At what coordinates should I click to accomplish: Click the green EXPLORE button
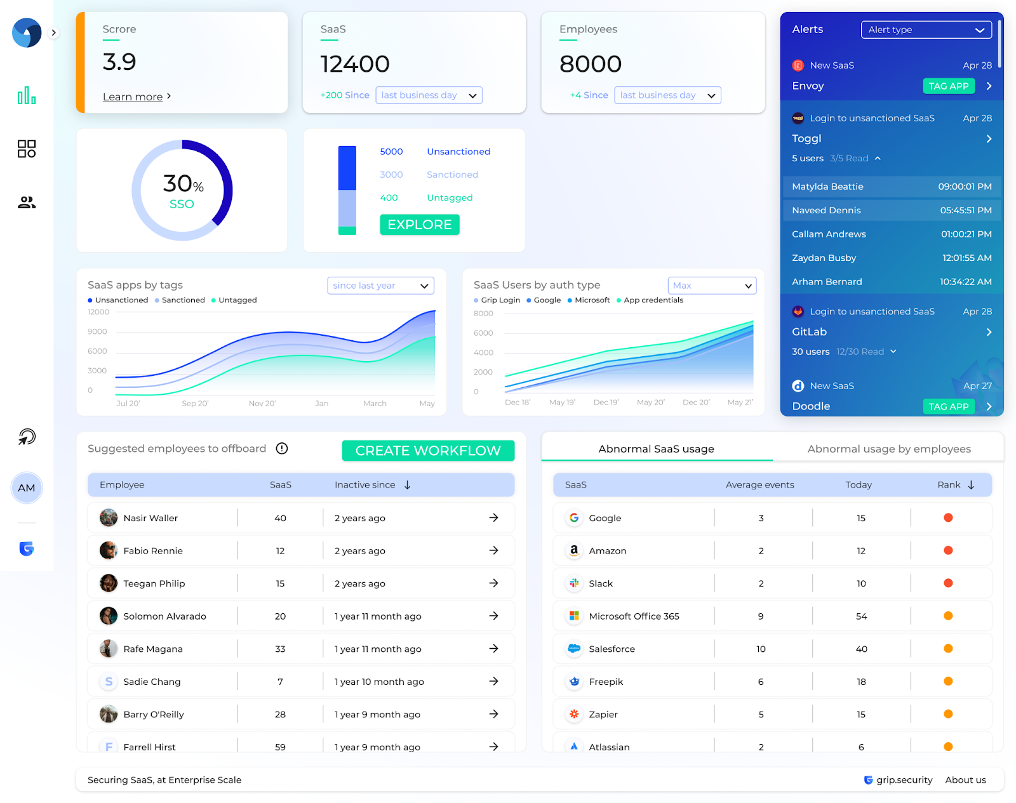pos(419,225)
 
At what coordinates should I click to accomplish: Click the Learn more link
pos(133,96)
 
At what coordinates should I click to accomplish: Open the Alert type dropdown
pos(926,30)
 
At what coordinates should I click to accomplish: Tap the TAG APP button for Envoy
pos(948,86)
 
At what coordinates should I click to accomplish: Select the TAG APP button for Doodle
pos(948,407)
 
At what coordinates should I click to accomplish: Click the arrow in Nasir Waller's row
pos(493,518)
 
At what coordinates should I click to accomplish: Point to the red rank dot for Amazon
pos(948,551)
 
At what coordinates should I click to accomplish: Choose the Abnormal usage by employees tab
pos(888,449)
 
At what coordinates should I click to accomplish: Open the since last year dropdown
pos(380,286)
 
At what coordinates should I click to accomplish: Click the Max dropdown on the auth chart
pos(712,286)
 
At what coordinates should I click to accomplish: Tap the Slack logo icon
pos(574,583)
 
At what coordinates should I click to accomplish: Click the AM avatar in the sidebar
pos(27,488)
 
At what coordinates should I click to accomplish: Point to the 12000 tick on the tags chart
pos(98,312)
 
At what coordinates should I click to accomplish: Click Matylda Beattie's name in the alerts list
pos(827,187)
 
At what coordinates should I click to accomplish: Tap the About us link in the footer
pos(965,780)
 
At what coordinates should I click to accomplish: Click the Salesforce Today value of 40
pos(861,649)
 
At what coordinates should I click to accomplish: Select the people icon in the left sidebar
pos(27,202)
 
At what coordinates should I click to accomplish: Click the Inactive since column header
pos(365,485)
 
